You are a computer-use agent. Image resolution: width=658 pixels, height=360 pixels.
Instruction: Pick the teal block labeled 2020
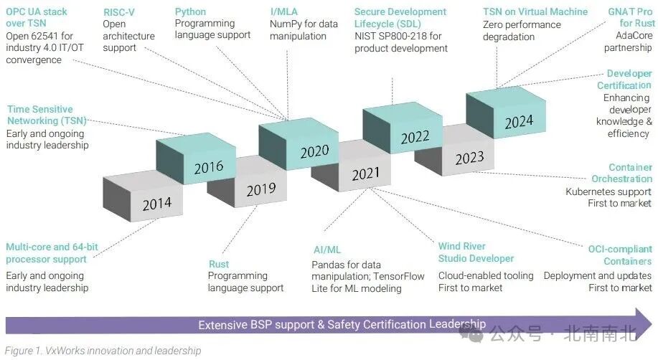pos(313,151)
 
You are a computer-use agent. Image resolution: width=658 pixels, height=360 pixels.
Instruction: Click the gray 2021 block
pos(365,174)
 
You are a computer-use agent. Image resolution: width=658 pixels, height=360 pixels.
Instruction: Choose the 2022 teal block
pos(415,136)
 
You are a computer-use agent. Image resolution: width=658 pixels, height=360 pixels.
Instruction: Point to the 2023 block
pos(469,157)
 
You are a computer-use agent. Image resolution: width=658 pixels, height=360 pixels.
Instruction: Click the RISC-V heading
pos(118,12)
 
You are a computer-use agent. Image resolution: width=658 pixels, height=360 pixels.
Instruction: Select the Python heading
pos(190,12)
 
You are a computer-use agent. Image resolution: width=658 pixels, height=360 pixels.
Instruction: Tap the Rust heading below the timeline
pos(219,264)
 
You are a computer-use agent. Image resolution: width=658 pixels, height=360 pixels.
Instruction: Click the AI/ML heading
pos(326,250)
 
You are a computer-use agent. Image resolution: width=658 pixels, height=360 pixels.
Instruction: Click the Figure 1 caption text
pos(103,351)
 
